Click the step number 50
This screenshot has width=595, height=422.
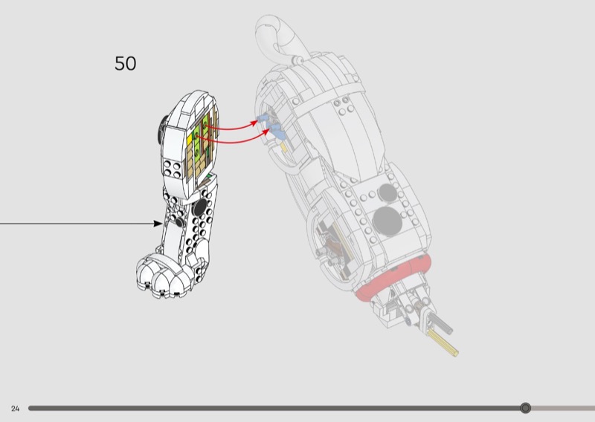(x=125, y=64)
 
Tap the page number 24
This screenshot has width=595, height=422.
(x=15, y=409)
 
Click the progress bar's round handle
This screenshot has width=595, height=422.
(x=526, y=408)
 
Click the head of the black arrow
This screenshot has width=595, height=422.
(x=157, y=223)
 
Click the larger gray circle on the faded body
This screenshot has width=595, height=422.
(x=387, y=220)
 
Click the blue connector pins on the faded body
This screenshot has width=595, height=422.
(x=273, y=128)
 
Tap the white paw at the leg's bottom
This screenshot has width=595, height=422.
(x=164, y=279)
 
